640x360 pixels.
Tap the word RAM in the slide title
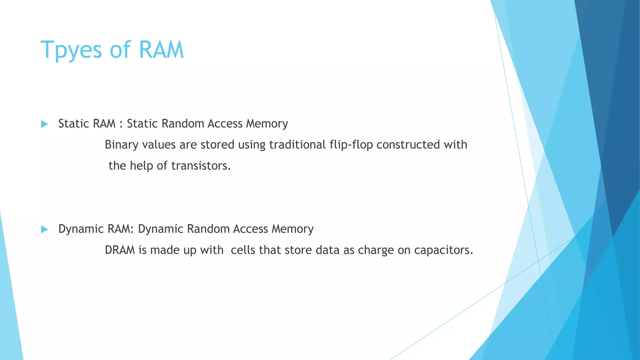[x=161, y=50]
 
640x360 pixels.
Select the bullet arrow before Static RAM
[x=44, y=124]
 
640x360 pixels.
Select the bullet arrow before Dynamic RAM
[x=44, y=230]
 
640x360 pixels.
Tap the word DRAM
[x=120, y=250]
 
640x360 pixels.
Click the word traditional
[x=297, y=145]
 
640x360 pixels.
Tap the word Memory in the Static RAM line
[x=267, y=124]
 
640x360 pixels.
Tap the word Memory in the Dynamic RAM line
[x=292, y=229]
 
